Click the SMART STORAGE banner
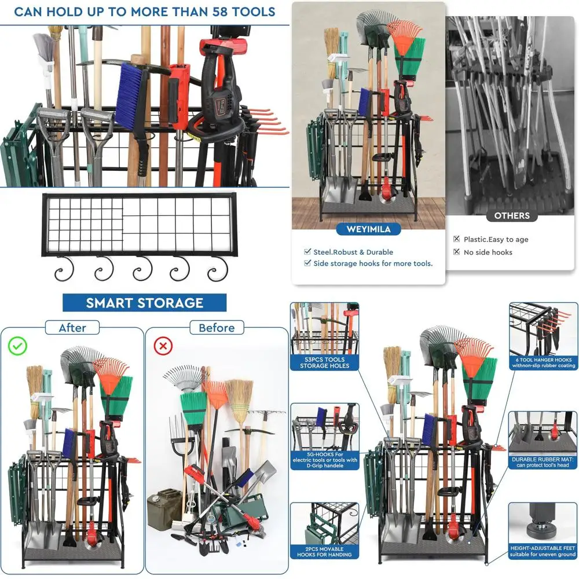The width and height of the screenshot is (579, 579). click(144, 302)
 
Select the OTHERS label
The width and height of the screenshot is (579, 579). click(512, 216)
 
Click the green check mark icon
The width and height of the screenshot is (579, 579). click(18, 347)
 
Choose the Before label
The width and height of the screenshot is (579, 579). click(217, 328)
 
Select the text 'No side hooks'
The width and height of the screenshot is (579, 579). click(488, 252)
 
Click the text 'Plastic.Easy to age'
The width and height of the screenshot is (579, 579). click(496, 239)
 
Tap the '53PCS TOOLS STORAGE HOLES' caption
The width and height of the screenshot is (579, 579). click(325, 362)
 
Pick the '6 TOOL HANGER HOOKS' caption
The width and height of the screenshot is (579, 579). click(543, 362)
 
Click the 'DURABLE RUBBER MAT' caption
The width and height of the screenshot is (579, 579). click(543, 461)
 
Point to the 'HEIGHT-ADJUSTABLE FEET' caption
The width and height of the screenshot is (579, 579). click(543, 550)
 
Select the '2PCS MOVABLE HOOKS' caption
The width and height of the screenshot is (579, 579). click(324, 552)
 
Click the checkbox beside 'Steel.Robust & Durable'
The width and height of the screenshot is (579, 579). click(307, 252)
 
